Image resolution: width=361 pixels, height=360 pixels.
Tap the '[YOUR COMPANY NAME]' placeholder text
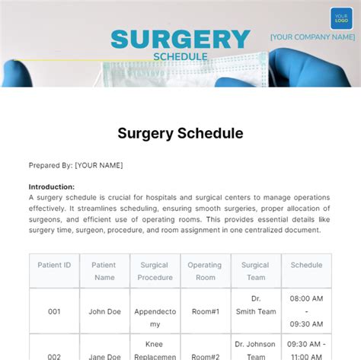coord(312,37)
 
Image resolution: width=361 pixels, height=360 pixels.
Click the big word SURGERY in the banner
coord(180,39)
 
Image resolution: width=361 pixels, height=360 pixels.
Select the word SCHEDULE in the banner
coord(180,56)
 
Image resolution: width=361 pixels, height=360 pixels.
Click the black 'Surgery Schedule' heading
coord(180,133)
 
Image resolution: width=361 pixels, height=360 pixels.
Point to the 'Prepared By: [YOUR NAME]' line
coord(75,165)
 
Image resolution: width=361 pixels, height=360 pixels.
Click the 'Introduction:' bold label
coord(52,186)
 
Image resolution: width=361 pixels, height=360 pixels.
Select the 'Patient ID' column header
coord(54,265)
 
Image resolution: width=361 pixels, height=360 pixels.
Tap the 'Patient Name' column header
coord(104,271)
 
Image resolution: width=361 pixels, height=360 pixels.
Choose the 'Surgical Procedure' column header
coord(155,271)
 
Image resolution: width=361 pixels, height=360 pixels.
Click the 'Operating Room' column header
coord(205,271)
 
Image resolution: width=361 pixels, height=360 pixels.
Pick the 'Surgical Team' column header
coord(255,271)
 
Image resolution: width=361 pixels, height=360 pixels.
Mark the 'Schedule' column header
coord(306,265)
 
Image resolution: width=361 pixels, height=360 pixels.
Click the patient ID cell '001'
coord(54,311)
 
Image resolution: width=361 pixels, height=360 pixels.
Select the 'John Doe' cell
coord(104,311)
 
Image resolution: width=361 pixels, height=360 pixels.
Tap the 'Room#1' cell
coord(205,311)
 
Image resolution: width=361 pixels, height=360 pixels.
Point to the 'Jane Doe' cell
coord(104,355)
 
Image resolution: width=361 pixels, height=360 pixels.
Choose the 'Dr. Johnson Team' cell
coord(255,349)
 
